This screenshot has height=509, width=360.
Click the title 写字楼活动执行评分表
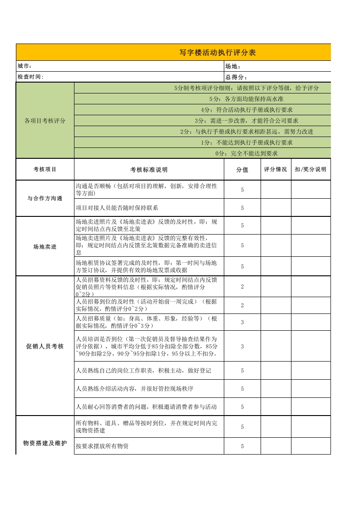tap(217, 53)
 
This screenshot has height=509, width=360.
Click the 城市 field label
tap(24, 66)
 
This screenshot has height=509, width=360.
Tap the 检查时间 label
tap(30, 77)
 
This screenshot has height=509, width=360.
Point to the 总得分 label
tap(236, 77)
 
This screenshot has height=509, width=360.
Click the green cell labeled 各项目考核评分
tap(45, 121)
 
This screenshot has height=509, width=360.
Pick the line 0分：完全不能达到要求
tap(247, 153)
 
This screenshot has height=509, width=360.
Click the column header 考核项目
tap(45, 170)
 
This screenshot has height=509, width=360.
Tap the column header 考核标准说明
tap(149, 170)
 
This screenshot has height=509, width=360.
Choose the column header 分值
tap(242, 170)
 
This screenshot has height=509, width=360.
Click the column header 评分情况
tap(276, 170)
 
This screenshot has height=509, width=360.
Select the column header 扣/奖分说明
tap(311, 170)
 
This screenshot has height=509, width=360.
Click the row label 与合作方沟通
tap(45, 199)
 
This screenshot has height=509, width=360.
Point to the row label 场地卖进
tap(45, 247)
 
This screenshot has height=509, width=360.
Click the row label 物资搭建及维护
tap(45, 443)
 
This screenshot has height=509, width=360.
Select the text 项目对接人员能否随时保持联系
tap(117, 208)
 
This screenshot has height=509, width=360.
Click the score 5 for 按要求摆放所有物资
tap(242, 446)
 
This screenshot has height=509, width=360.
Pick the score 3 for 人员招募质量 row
tap(242, 323)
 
